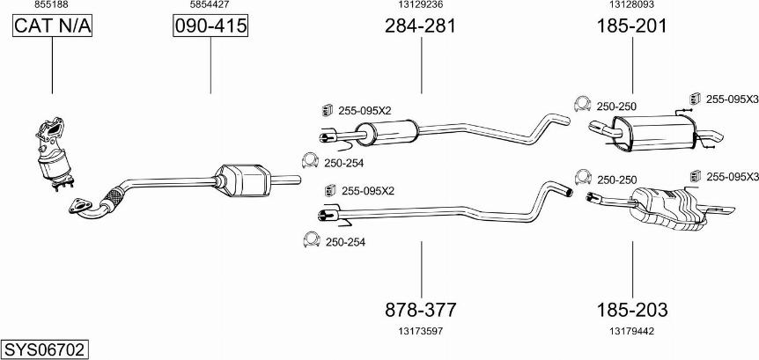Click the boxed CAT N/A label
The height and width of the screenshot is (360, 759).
point(52,27)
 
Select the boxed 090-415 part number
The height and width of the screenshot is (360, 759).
point(210,27)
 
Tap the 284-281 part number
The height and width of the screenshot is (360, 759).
point(421,26)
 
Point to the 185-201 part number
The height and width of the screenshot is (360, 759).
point(632,26)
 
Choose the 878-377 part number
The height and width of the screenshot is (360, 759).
point(421,310)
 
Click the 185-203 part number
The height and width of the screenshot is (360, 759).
point(632,310)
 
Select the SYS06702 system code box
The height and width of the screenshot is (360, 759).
point(45,349)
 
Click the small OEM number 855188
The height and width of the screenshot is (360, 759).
point(52,5)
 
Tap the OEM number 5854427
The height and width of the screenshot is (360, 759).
point(210,5)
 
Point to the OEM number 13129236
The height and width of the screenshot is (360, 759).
point(421,5)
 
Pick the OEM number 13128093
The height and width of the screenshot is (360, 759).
point(632,5)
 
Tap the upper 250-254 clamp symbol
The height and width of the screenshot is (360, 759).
point(310,161)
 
